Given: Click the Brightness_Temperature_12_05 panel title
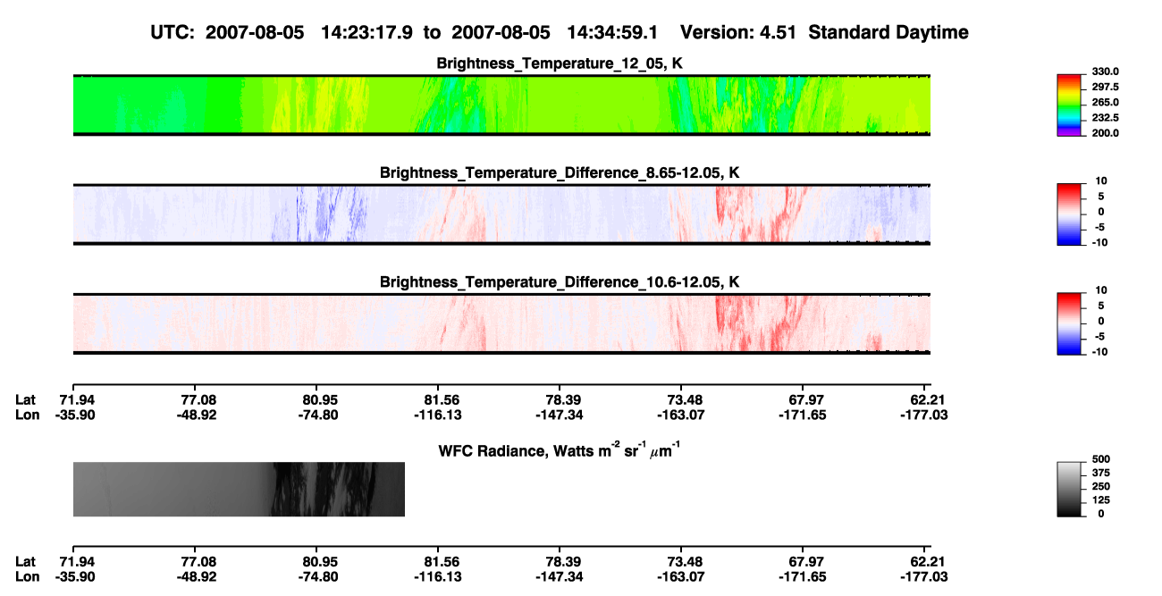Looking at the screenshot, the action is coord(560,63).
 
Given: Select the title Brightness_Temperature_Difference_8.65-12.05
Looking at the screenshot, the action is coord(560,172).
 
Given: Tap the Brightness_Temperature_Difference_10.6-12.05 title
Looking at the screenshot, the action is coord(560,282).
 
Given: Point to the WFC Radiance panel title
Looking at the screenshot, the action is coord(560,449).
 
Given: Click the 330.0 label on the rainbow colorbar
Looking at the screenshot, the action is coord(1105,71).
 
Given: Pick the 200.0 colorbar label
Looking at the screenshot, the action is coord(1105,133).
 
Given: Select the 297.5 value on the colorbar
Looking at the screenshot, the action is coord(1105,87).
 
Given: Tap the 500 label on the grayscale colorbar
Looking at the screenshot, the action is coord(1101,459).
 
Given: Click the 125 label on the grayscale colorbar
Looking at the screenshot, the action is coord(1101,500).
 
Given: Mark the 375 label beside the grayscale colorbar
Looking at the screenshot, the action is coord(1101,473).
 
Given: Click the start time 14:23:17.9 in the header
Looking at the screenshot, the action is coord(366,33).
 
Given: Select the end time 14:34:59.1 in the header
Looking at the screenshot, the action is coord(612,33).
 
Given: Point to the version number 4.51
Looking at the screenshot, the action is coord(778,33).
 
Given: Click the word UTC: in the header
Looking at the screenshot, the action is coord(173,33).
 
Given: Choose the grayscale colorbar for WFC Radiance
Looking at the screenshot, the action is coord(1069,489).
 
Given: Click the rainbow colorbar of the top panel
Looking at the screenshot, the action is coord(1069,105).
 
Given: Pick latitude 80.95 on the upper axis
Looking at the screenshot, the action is coord(317,400).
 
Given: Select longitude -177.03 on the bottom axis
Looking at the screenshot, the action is coord(924,577).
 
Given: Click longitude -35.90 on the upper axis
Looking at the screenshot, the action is coord(75,415).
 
